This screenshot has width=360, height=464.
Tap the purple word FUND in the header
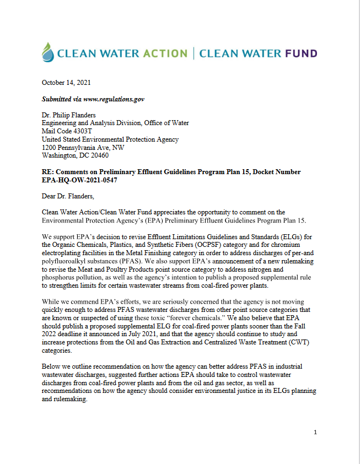coord(298,53)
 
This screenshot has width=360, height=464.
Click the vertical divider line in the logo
coord(193,53)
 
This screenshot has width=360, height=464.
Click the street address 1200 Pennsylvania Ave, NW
coord(83,148)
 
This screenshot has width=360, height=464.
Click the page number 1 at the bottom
coord(315,432)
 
